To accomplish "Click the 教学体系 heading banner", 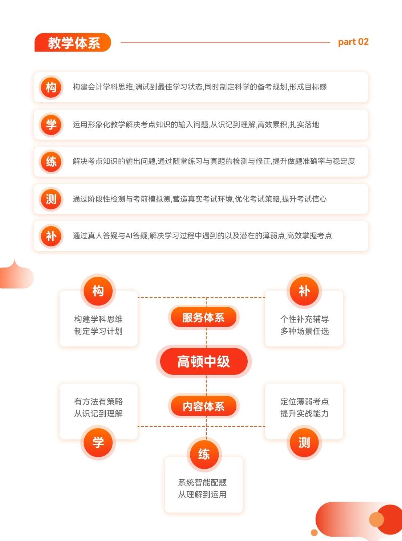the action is tap(73, 42).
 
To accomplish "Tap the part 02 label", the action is tap(353, 42).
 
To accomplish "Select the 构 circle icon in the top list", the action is tap(51, 87).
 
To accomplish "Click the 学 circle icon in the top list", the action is tap(51, 125).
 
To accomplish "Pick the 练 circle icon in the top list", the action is tap(51, 161).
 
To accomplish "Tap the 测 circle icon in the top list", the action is tap(51, 199).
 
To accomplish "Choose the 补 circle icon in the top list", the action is tap(51, 236).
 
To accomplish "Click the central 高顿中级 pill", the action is tap(204, 361).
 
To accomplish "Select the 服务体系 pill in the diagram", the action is tap(204, 317).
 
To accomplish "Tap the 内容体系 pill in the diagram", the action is tap(204, 406).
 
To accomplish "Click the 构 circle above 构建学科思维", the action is tap(98, 291).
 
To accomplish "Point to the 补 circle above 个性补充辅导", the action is tap(304, 291).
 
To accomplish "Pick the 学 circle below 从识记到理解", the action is tap(98, 442).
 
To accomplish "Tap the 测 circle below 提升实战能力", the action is tap(304, 442).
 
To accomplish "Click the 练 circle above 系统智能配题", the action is tap(204, 454).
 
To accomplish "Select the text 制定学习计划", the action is tap(98, 331).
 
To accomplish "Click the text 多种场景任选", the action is tap(305, 331).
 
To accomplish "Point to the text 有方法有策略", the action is tap(98, 401).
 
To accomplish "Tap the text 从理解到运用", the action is tap(202, 495).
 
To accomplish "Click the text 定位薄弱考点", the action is tap(305, 401).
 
